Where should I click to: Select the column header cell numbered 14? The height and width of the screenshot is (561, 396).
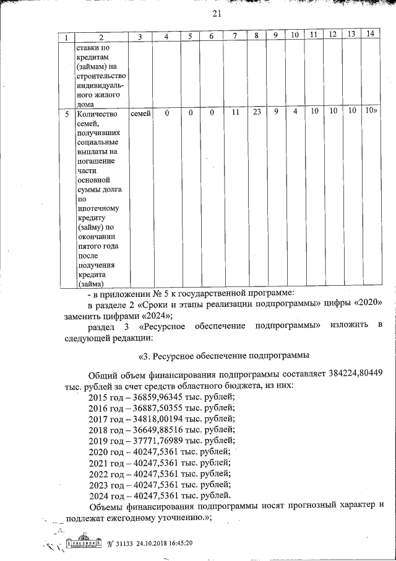coord(371,33)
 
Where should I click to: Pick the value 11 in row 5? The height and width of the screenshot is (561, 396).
coord(235,112)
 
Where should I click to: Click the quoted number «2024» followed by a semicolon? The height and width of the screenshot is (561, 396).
coord(150,316)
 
